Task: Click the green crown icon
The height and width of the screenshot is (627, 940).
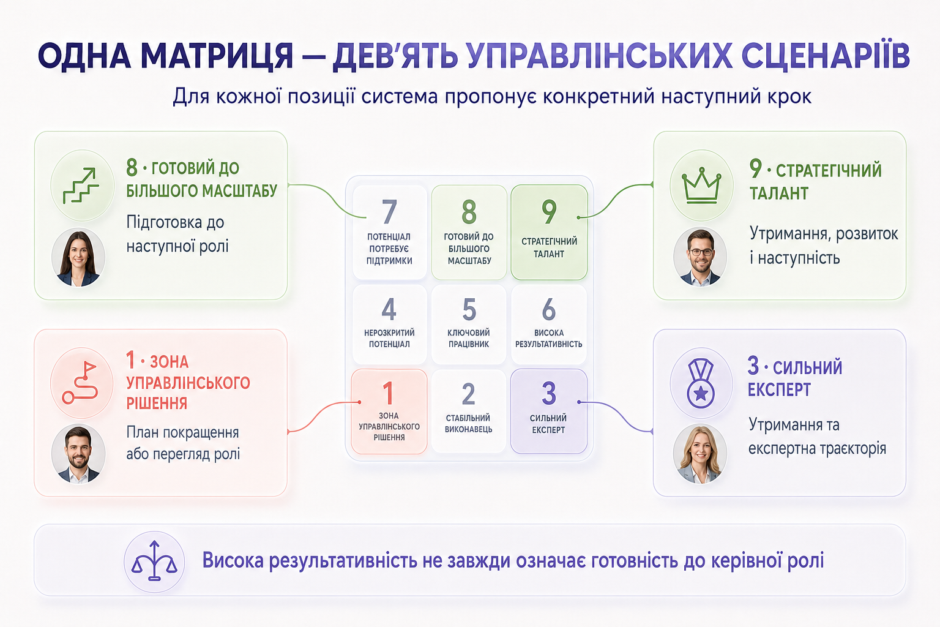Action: (701, 186)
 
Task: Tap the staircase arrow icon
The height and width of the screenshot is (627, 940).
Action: (81, 186)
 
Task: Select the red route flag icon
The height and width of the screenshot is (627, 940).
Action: (80, 383)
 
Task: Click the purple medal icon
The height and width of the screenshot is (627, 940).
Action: (700, 383)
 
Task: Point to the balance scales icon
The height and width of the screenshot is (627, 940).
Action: (154, 561)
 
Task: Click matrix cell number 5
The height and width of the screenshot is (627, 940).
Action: (469, 324)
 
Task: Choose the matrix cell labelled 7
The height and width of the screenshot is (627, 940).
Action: (389, 232)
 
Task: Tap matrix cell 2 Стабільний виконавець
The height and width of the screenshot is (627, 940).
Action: (469, 411)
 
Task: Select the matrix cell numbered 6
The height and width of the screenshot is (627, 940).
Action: (549, 324)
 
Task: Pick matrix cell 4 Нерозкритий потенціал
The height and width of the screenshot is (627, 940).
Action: (389, 324)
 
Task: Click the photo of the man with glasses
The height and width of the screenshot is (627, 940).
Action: (700, 257)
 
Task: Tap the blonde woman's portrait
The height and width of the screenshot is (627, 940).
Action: (699, 454)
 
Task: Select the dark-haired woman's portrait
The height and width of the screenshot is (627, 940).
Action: (78, 257)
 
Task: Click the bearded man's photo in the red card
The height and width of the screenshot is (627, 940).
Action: (78, 454)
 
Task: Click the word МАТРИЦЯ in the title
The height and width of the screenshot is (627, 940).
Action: (217, 56)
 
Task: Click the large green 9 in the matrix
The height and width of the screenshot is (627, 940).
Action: (549, 212)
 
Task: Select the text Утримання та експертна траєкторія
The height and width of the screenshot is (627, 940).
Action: (817, 437)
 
